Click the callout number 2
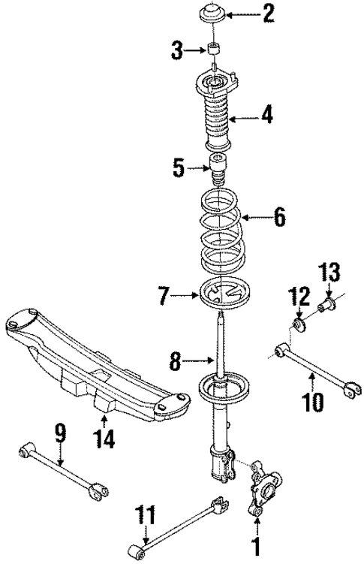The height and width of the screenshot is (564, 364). [x=266, y=13]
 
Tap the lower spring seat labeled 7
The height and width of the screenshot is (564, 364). [x=224, y=291]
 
